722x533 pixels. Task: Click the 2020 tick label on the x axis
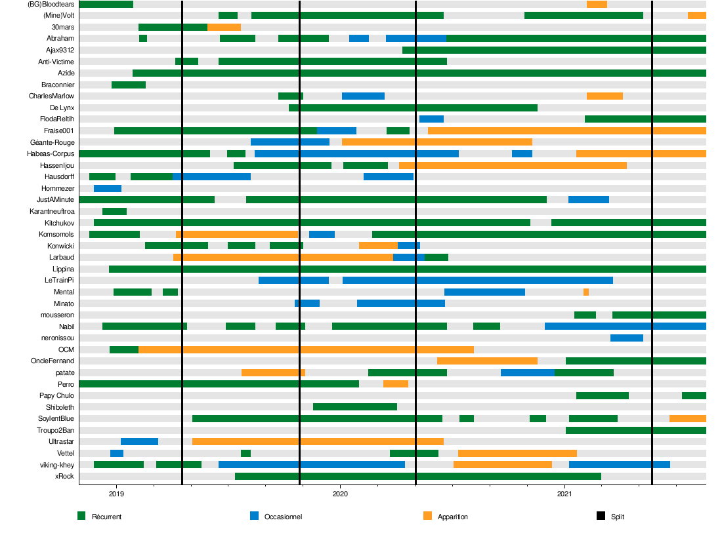pos(340,493)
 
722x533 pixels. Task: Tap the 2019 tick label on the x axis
pos(116,493)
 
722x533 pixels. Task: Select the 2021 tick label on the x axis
pos(564,493)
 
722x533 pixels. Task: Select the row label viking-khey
pos(57,465)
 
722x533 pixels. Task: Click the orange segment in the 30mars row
pos(224,27)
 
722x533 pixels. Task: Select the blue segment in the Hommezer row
pos(108,189)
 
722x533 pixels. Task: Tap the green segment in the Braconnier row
pos(129,85)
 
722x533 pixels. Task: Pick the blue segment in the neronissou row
pos(626,338)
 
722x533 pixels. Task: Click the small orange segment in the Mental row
pos(586,292)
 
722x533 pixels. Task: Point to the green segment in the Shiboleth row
pos(355,406)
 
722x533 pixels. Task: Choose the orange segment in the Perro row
pos(396,384)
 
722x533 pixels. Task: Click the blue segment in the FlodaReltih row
pos(431,119)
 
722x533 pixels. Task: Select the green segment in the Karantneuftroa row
pos(114,211)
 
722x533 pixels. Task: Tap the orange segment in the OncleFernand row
pos(487,361)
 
